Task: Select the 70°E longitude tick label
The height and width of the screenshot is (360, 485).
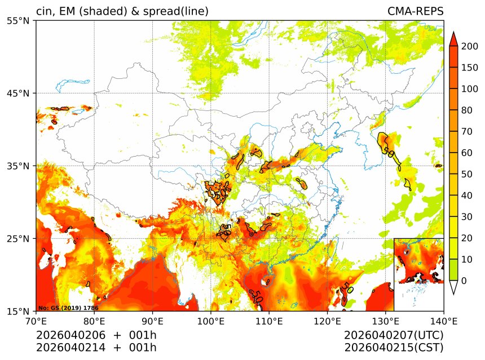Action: [36, 322]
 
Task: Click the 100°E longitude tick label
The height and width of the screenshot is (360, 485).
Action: [211, 322]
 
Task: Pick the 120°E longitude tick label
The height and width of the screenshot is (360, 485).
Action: [328, 322]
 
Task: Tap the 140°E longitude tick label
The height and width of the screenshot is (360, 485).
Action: [444, 322]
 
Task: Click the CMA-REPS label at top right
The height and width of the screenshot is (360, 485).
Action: [415, 11]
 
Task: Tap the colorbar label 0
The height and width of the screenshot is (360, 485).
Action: [464, 281]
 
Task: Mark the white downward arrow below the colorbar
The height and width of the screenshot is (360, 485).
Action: [453, 288]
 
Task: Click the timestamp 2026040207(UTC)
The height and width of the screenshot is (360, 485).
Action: [394, 335]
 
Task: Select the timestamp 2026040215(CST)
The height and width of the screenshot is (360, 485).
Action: [394, 347]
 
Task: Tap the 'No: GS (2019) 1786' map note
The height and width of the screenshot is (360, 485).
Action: [68, 308]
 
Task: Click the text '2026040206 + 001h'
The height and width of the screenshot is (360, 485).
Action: [96, 335]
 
